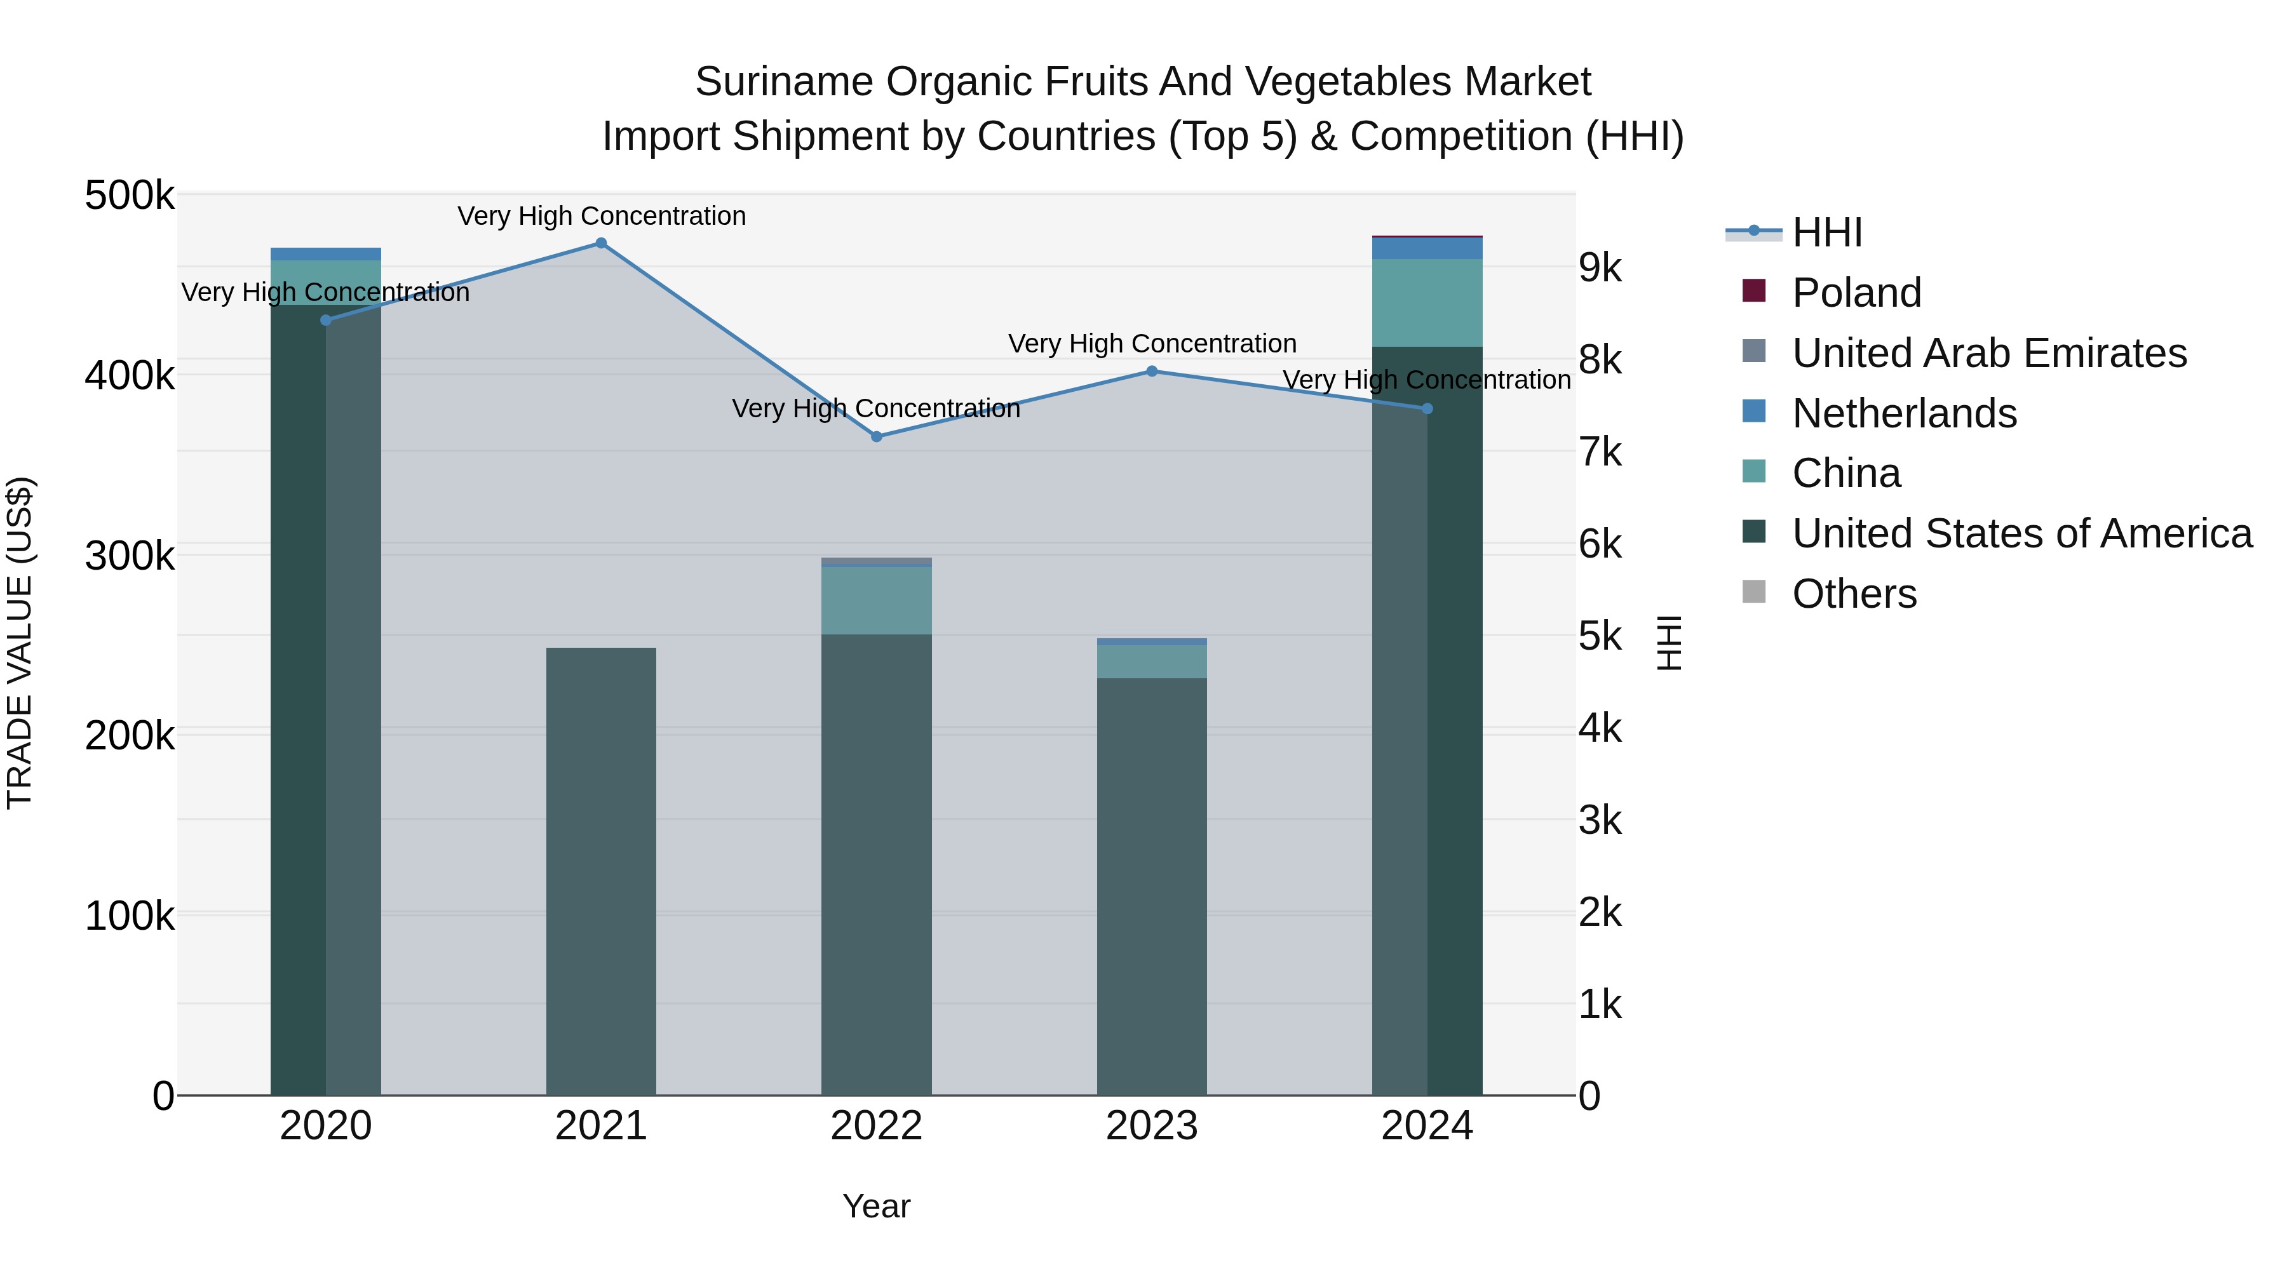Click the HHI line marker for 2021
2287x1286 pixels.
point(601,243)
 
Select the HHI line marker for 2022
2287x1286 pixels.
point(876,437)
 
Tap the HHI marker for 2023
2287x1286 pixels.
point(1152,371)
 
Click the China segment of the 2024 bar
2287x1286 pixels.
point(1427,303)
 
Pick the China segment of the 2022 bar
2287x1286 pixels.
point(876,600)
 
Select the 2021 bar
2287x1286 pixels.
point(601,870)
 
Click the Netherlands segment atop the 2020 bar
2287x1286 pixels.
point(326,254)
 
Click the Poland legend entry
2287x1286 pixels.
point(1856,293)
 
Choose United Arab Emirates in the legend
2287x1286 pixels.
point(1988,353)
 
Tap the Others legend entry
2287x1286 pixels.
point(1854,594)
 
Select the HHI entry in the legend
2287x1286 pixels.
point(1826,232)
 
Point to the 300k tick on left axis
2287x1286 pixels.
point(130,556)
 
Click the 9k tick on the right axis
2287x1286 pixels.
point(1600,268)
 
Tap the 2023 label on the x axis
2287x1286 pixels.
point(1152,1126)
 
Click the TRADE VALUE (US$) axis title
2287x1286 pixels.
point(20,643)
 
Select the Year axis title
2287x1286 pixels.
point(876,1206)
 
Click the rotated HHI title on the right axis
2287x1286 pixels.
point(1669,643)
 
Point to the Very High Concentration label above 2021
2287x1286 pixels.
point(601,216)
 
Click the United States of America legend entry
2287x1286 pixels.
point(2021,533)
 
